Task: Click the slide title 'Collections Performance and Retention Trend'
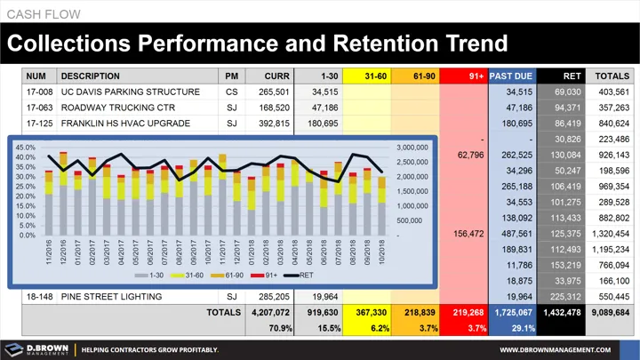258,43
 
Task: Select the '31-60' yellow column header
367,76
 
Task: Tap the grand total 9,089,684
608,313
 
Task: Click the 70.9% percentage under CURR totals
276,328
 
